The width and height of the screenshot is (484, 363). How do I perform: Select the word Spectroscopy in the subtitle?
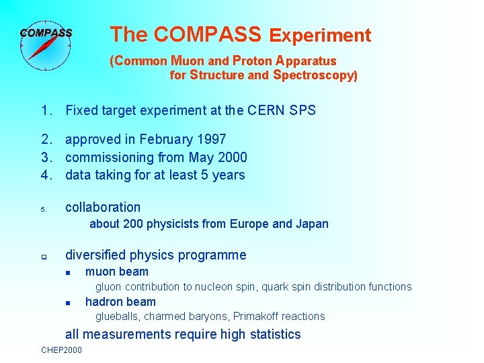[x=315, y=75]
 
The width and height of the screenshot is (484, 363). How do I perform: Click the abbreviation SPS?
[x=302, y=110]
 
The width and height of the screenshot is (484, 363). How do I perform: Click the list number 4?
[x=46, y=175]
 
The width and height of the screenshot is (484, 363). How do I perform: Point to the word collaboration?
[x=103, y=208]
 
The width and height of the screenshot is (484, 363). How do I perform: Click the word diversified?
[x=97, y=255]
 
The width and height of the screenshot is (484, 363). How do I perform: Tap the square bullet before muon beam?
[x=69, y=272]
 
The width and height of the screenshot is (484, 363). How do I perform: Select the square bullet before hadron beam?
[x=69, y=302]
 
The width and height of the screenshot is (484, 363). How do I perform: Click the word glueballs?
[x=118, y=317]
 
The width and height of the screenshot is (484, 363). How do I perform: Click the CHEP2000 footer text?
[x=62, y=350]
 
